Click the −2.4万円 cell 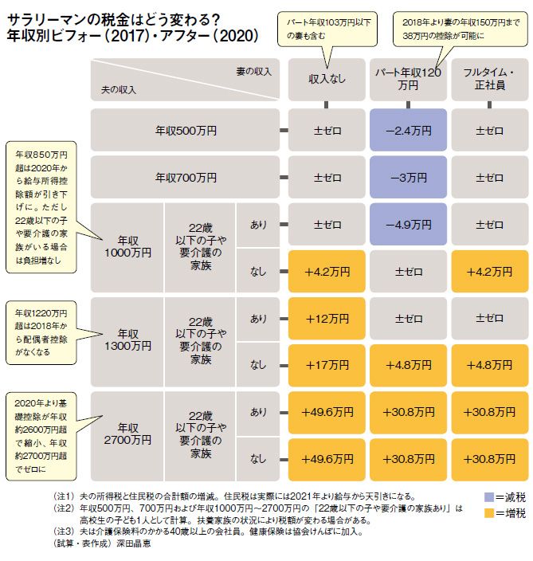[x=409, y=129]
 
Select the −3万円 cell [x=409, y=177]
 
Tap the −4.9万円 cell [x=409, y=224]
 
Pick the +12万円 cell [x=328, y=319]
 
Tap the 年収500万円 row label [x=186, y=129]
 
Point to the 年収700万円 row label [x=186, y=177]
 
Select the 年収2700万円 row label [x=128, y=434]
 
